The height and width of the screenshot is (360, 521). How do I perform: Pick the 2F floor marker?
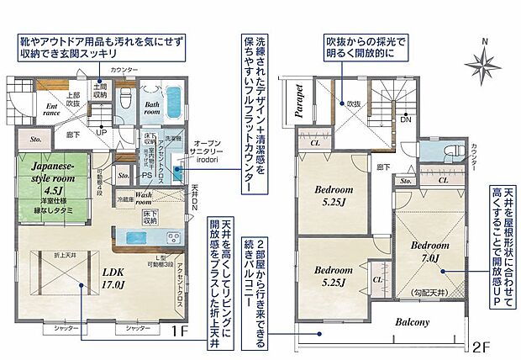pos(480,345)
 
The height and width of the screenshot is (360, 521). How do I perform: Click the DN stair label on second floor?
pos(404,119)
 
